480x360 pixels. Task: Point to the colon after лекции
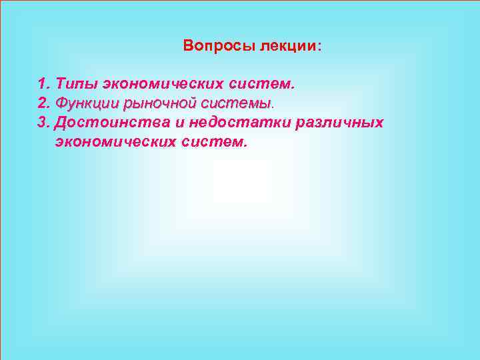(x=319, y=47)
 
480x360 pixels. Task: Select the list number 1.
(x=44, y=85)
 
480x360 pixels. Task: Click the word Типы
(x=77, y=85)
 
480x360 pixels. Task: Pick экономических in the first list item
(x=163, y=85)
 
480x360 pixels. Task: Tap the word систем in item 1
(x=260, y=85)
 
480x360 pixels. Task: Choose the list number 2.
(x=44, y=104)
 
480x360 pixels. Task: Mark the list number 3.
(x=44, y=123)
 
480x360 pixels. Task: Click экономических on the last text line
(x=117, y=142)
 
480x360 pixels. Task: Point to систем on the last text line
(x=213, y=142)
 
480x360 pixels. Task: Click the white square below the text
(x=241, y=181)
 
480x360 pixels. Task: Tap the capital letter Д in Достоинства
(x=62, y=123)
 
